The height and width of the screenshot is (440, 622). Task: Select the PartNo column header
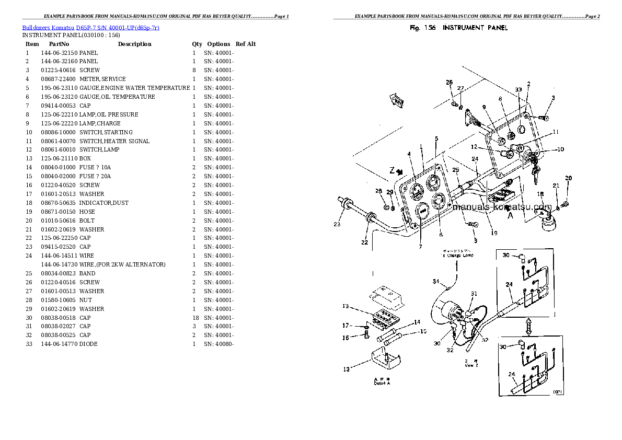[55, 44]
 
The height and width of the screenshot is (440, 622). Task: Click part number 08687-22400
[58, 79]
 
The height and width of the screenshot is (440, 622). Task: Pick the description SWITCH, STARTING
[106, 132]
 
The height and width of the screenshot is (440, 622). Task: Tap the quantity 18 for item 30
[195, 318]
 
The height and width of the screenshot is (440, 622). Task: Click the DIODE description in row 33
[88, 344]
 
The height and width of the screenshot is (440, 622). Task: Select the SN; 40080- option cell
[218, 344]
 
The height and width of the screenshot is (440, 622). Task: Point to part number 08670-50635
[58, 203]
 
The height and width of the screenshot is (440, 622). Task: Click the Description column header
[134, 44]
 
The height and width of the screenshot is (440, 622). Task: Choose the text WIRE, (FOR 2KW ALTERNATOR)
[122, 264]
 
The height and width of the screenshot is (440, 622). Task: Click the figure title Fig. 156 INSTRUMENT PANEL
[459, 28]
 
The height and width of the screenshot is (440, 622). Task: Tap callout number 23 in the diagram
[337, 225]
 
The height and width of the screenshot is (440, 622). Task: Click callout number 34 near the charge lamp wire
[435, 282]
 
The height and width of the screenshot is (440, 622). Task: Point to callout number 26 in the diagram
[449, 82]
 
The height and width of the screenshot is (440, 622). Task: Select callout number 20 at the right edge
[568, 178]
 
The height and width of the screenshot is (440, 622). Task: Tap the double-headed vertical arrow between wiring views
[528, 327]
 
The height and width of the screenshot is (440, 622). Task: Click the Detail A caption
[382, 381]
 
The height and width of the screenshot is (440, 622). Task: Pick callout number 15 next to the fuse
[423, 331]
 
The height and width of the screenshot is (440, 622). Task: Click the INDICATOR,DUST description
[103, 203]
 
